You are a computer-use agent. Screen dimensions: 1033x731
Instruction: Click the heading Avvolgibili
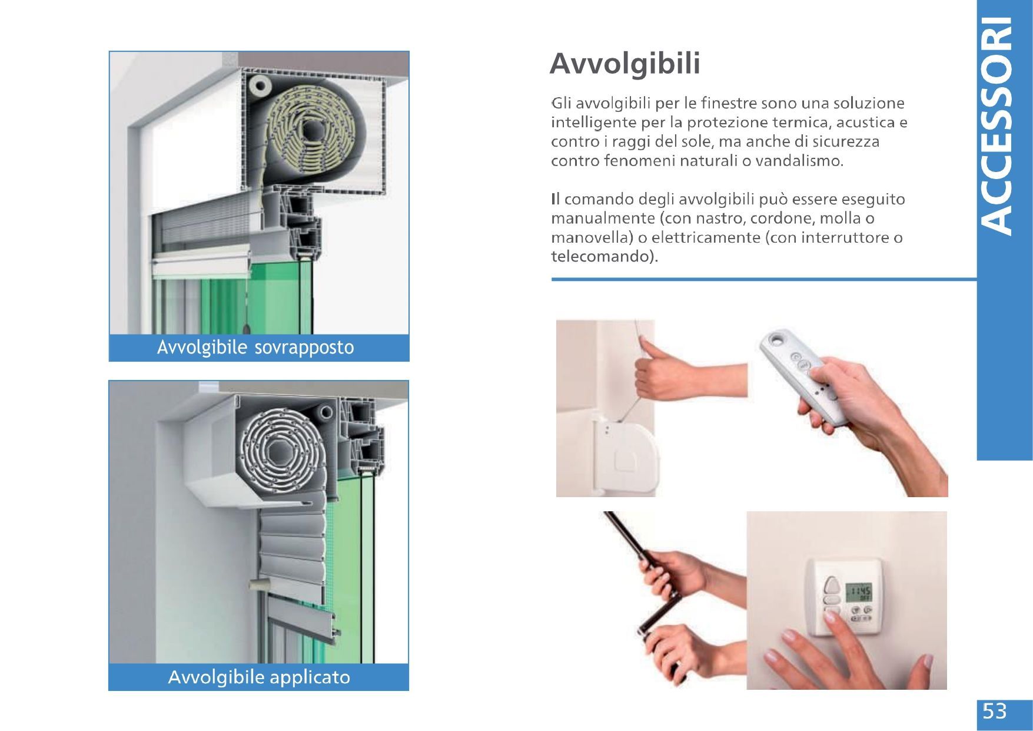[625, 64]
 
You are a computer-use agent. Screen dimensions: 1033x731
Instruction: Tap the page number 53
[995, 712]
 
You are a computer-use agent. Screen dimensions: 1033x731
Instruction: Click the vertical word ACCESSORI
[999, 125]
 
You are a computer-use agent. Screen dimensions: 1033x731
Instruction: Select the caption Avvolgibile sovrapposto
[255, 348]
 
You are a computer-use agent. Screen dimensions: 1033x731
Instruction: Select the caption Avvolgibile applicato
[259, 677]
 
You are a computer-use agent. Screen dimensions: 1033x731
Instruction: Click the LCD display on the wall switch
[858, 592]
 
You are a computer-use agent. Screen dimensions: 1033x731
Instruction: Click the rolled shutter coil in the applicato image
[277, 454]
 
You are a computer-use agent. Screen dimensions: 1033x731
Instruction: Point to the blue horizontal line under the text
[764, 279]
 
